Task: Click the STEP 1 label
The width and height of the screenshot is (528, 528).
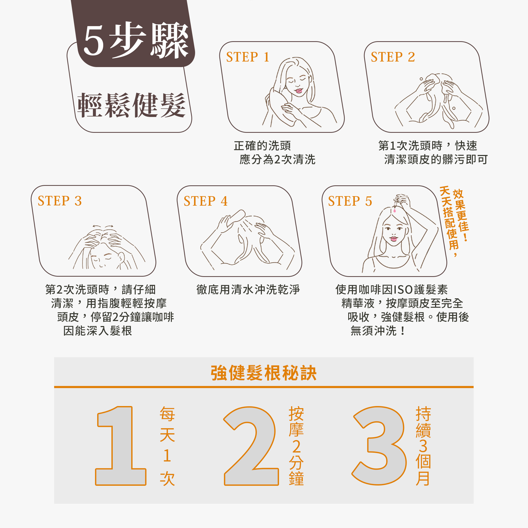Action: pos(248,57)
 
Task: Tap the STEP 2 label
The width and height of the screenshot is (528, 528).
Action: pos(393,57)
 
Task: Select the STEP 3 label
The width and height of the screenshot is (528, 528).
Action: pos(60,201)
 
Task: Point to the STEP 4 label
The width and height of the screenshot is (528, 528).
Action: pos(205,201)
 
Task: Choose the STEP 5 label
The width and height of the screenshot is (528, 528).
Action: pos(350,201)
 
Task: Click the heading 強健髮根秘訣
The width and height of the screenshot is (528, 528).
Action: pos(263,373)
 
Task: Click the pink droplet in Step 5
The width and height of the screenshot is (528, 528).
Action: pos(395,211)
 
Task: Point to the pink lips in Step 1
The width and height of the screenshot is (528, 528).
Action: pos(298,91)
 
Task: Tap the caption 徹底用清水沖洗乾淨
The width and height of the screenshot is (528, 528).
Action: pos(248,290)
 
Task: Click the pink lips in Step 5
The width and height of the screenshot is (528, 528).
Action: pos(394,239)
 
